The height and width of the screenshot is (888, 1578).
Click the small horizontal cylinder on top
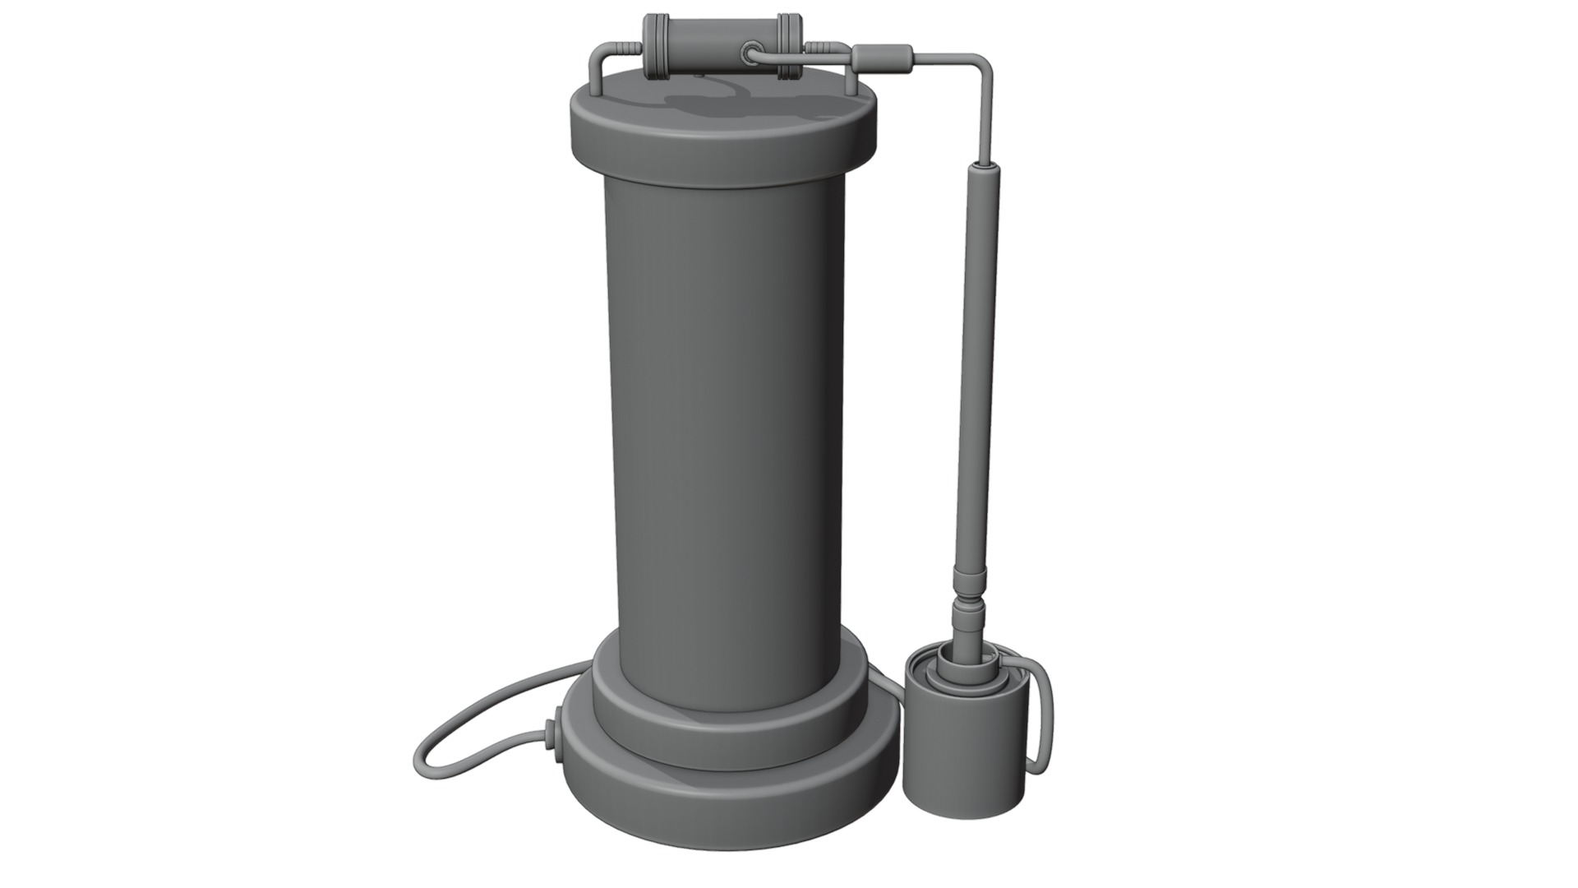(707, 47)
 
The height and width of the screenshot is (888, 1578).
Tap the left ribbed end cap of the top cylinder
(655, 47)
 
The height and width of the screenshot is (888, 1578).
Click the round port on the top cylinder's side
(750, 53)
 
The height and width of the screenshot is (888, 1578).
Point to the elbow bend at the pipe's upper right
(982, 64)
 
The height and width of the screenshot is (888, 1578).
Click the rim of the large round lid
(723, 156)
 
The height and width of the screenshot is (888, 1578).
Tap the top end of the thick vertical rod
(985, 169)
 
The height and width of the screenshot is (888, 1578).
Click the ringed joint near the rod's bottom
(967, 613)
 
